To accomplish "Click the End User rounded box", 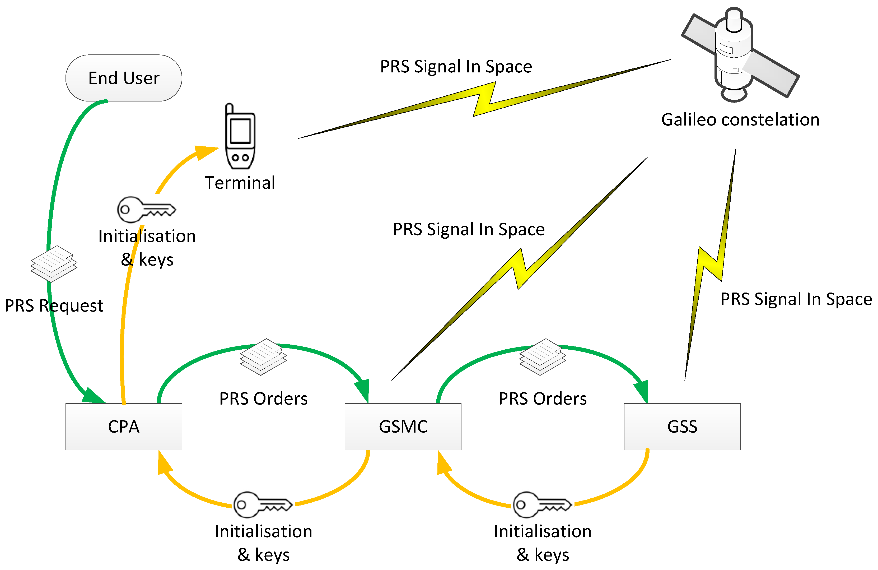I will [x=124, y=78].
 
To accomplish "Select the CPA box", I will [x=124, y=427].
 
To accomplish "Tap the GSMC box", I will [x=403, y=427].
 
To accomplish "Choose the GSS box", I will [x=682, y=427].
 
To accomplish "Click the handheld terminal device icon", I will [x=240, y=137].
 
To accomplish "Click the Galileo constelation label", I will [x=740, y=120].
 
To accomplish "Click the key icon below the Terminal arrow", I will [x=146, y=209].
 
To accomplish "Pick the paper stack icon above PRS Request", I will [x=54, y=263].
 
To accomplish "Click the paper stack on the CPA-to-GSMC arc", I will [x=263, y=357].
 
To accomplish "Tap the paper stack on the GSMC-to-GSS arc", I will [x=543, y=357].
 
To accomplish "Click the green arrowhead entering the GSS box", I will [x=642, y=391].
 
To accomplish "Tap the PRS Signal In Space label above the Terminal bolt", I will [x=456, y=67].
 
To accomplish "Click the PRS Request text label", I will [x=54, y=306].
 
